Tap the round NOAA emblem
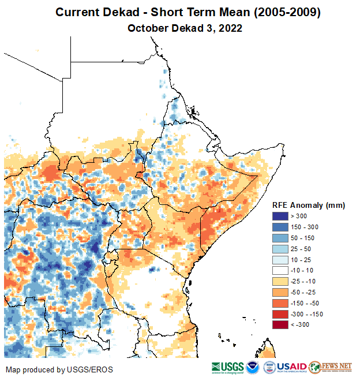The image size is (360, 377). tap(253, 367)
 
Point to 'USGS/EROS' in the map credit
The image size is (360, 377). tap(94, 369)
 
